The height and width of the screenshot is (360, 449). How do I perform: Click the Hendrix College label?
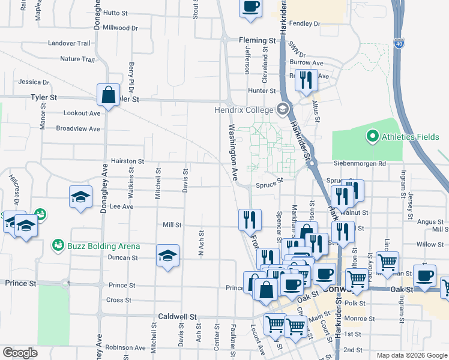click(244, 110)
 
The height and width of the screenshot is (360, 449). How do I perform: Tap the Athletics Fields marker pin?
click(372, 137)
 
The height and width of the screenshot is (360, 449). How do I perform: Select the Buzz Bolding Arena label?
click(104, 246)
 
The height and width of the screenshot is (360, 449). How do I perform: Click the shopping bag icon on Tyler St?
click(108, 95)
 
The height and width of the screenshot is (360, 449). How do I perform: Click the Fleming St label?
click(257, 41)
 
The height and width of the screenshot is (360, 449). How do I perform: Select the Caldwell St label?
click(177, 316)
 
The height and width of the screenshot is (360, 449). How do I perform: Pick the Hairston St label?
click(127, 161)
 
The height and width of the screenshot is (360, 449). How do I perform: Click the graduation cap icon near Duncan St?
click(168, 256)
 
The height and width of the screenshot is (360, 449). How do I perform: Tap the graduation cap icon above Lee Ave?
click(80, 197)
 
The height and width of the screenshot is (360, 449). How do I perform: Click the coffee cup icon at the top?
click(251, 7)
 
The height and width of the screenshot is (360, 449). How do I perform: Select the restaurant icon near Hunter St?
click(306, 80)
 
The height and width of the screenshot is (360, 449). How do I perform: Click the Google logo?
click(20, 353)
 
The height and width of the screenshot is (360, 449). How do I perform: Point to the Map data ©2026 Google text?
click(411, 355)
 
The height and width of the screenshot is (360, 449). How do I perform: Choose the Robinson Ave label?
click(125, 347)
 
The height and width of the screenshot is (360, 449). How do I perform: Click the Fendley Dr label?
click(305, 23)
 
